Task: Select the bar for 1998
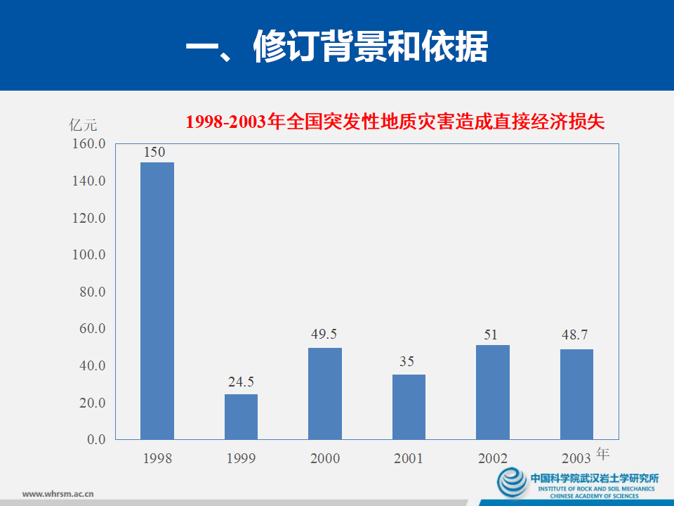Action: point(157,301)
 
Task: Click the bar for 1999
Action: point(241,417)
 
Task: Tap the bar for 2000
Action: point(325,394)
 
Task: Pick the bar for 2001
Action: point(409,407)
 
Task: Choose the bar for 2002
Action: point(493,392)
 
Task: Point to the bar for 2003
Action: point(576,394)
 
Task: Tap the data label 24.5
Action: point(241,382)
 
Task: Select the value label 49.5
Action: point(324,335)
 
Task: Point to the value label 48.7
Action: point(574,335)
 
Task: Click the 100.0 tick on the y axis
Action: point(88,254)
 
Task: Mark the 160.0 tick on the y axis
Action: point(88,144)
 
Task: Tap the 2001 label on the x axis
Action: point(408,458)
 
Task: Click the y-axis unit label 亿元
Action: point(84,126)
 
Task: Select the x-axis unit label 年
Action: point(602,453)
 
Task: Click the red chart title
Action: point(395,122)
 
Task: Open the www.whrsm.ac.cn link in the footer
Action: point(59,493)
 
